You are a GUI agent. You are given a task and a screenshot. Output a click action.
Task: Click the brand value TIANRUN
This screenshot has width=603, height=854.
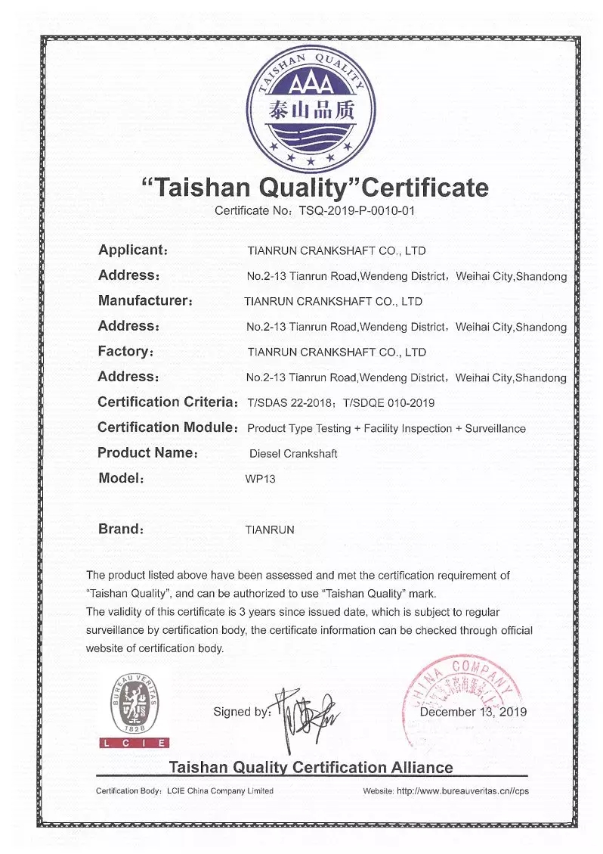click(271, 529)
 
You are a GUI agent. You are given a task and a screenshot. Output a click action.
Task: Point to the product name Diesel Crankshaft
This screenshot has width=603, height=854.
click(293, 454)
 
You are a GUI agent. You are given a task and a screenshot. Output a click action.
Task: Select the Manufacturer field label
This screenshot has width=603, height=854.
click(145, 301)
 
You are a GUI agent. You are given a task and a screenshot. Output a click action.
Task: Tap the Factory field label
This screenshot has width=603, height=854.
click(126, 352)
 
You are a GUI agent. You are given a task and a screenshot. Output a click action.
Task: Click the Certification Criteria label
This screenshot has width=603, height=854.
click(167, 402)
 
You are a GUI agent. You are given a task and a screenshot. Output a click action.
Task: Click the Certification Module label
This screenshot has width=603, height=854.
click(167, 427)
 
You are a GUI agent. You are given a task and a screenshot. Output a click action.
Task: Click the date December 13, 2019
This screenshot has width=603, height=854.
click(473, 712)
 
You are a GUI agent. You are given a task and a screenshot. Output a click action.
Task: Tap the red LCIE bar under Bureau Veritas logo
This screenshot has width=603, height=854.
click(135, 743)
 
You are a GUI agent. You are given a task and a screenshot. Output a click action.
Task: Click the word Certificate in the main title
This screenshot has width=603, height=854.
click(427, 187)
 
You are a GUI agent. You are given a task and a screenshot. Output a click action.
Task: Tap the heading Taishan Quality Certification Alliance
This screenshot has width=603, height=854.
click(311, 767)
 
